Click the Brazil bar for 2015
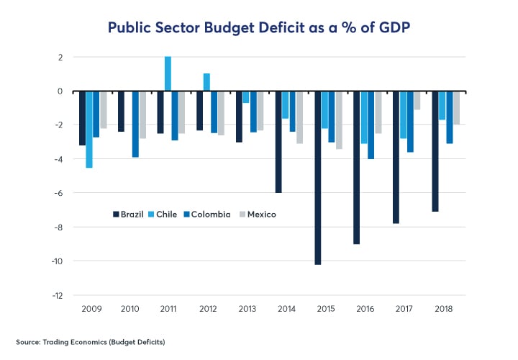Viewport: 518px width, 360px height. pos(317,178)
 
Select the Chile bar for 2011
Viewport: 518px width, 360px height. pos(168,74)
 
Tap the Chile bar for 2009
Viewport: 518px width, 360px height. pos(89,130)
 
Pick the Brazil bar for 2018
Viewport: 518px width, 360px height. pos(435,151)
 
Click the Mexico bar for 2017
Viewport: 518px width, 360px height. pos(417,101)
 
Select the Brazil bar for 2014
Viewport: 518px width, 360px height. pos(278,142)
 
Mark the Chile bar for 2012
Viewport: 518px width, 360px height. pos(206,82)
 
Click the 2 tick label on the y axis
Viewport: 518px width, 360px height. pos(60,57)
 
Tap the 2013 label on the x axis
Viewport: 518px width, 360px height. pos(247,308)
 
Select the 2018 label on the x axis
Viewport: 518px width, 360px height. pos(442,308)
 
